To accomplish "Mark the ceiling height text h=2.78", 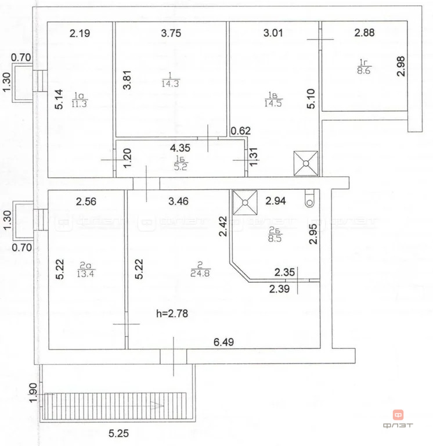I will point(172,314).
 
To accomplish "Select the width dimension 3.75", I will point(171,33).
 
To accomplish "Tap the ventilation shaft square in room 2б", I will point(244,203).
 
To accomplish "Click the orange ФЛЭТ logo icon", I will point(399,415).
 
